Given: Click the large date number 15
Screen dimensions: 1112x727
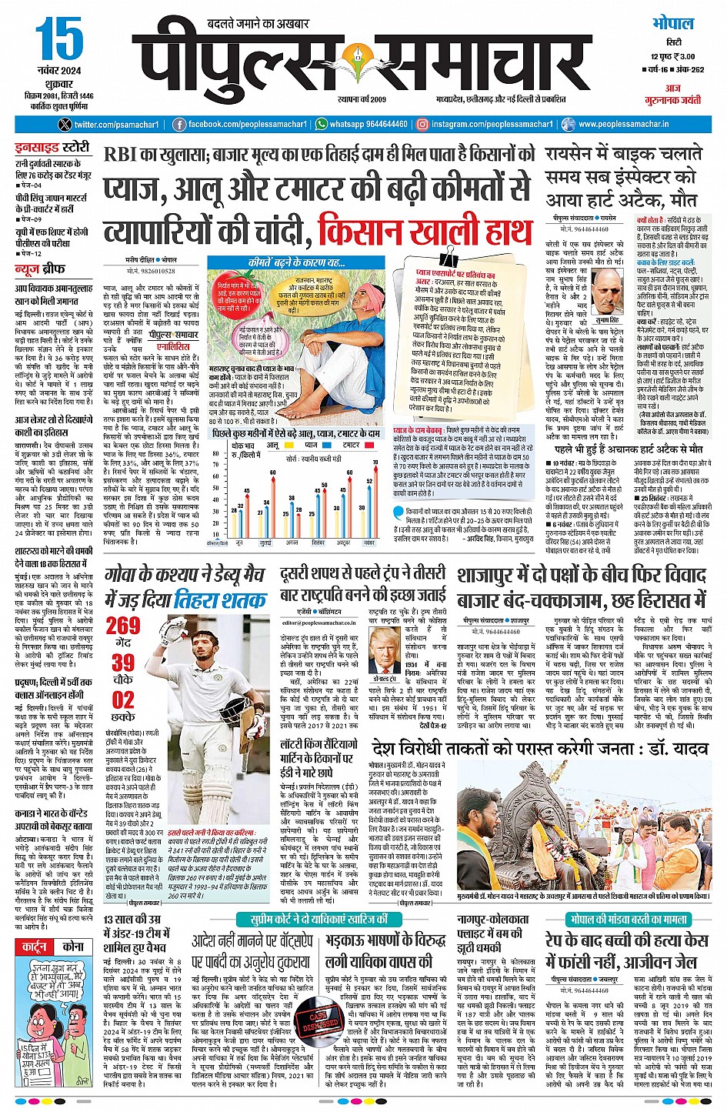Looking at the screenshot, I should click(x=58, y=39).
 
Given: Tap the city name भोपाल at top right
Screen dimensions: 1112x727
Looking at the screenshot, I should click(x=672, y=23).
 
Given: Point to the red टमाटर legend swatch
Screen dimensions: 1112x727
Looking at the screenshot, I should click(x=335, y=445).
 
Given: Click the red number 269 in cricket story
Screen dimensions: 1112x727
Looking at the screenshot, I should click(x=123, y=625).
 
